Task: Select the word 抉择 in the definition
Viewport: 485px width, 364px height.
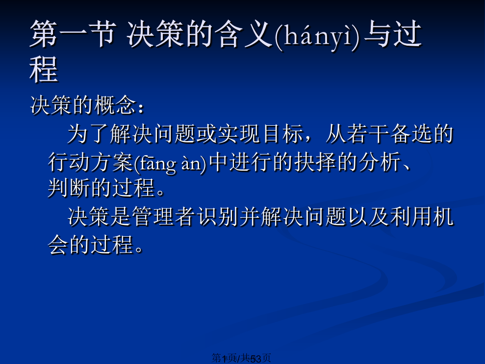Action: click(x=315, y=162)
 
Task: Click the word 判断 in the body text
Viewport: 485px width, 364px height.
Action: click(x=69, y=188)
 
